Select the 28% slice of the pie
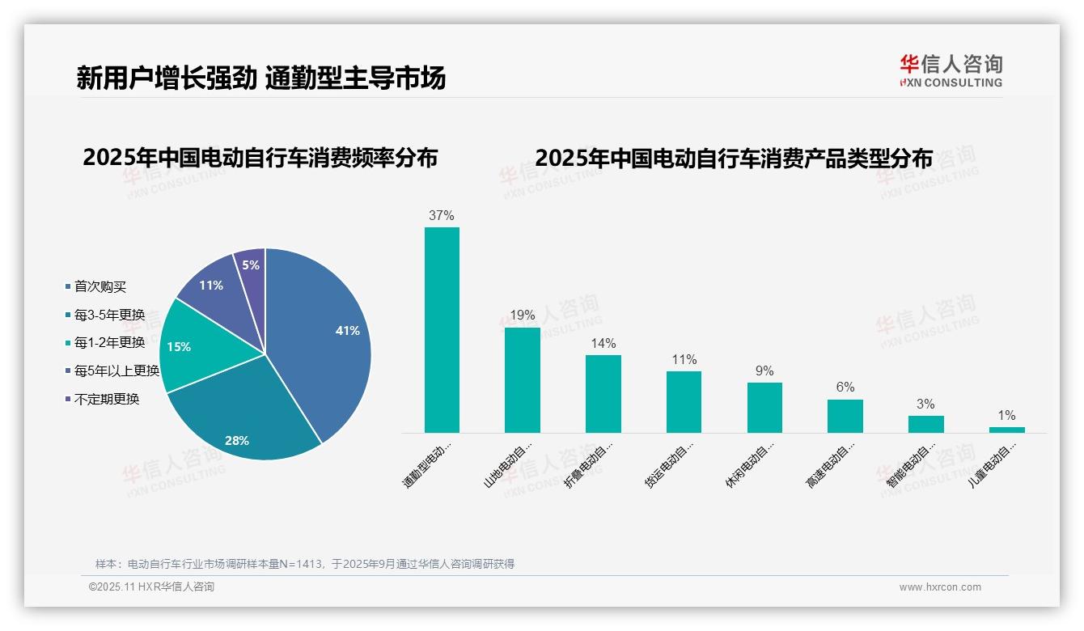coord(243,421)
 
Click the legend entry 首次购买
coord(100,287)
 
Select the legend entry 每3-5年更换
coord(109,315)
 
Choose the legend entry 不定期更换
coord(107,399)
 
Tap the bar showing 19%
coord(522,380)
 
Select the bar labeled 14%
coord(603,394)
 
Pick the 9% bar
coord(764,408)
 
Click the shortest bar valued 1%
coord(1006,430)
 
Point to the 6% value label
coord(845,387)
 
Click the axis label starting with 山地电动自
coord(509,464)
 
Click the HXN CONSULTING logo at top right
coord(951,71)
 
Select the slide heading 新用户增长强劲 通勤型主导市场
coord(260,78)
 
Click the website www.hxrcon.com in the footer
coord(939,587)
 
